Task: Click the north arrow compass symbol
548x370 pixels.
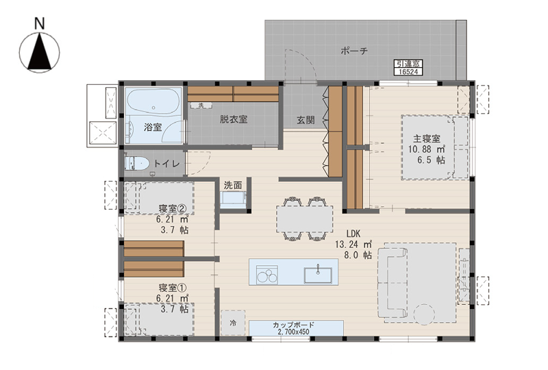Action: coord(40,53)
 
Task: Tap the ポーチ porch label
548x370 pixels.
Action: coord(354,51)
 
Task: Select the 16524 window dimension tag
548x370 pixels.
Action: coord(408,72)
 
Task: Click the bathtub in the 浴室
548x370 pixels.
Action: coord(153,102)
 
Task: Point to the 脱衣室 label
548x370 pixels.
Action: coord(234,119)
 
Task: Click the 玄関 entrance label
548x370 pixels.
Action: coord(306,120)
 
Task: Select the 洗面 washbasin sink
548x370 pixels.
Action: coord(233,198)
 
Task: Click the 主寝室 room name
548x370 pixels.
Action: coord(426,138)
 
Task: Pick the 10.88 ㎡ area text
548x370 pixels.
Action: coord(426,149)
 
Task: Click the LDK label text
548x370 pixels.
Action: coord(353,234)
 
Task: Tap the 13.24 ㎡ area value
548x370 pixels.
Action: coord(353,244)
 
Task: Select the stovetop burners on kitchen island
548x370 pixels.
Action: coord(267,275)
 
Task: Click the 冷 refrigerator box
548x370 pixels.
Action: coord(233,323)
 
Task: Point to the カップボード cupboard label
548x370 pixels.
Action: coord(294,325)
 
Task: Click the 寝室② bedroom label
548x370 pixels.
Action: coord(173,209)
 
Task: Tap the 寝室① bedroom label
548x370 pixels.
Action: coord(173,288)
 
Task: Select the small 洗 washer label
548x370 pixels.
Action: coord(201,105)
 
